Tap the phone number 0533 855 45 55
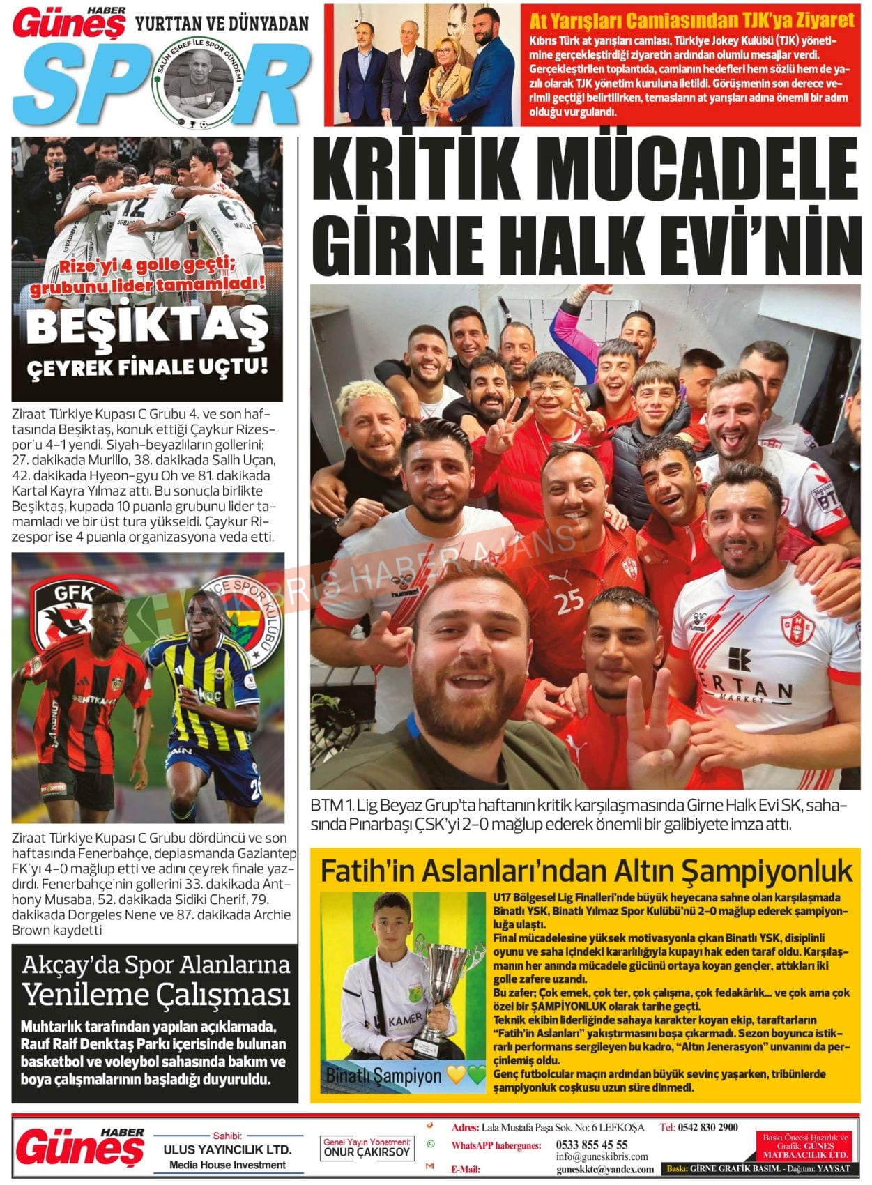coord(591,1144)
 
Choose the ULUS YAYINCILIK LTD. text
coord(227,1149)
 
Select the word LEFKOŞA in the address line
coord(622,1127)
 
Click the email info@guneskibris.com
coord(602,1156)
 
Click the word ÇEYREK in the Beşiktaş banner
coord(67,368)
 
